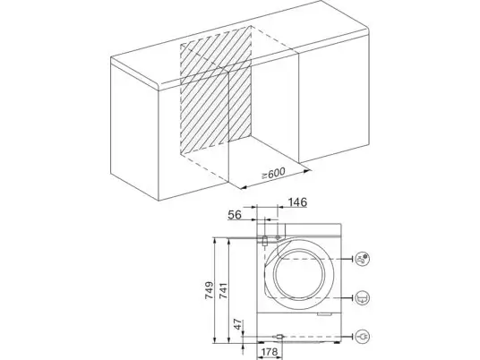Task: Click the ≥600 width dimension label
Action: coord(273,174)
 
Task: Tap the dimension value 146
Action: coord(297,202)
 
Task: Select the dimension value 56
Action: coord(235,215)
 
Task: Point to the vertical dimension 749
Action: coord(209,290)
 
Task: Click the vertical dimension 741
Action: coord(223,291)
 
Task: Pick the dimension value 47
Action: coord(239,324)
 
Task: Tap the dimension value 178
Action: coord(270,352)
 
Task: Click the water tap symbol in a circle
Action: coord(363,259)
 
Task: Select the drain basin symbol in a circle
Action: coord(363,298)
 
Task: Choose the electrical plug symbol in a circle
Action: coord(363,337)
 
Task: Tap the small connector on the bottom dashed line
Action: coord(279,337)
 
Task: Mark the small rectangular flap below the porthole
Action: coord(325,313)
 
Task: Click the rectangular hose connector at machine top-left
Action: coord(265,241)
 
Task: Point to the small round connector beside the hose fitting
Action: coord(278,237)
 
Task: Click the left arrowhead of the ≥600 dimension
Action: coord(243,187)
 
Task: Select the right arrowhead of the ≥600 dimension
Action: coord(307,171)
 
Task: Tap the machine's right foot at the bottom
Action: coord(337,343)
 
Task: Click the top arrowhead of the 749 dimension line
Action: coord(215,240)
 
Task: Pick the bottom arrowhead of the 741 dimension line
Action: coord(228,340)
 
